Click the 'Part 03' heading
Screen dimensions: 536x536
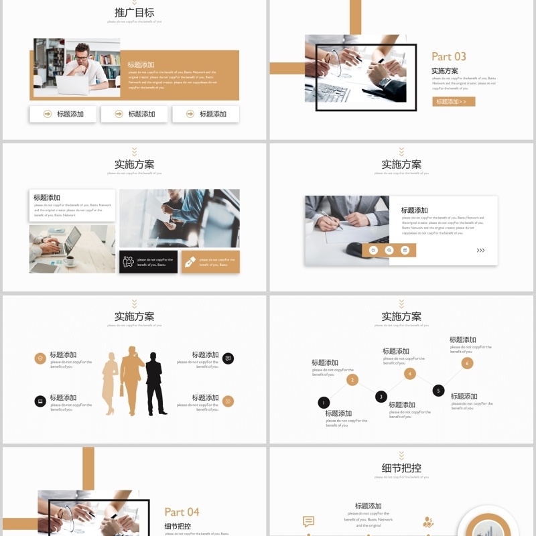pos(448,57)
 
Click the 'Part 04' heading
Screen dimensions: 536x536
pos(182,512)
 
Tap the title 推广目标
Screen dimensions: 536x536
pos(134,12)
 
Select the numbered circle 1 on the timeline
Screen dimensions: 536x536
pos(324,403)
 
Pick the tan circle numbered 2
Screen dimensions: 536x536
pos(352,380)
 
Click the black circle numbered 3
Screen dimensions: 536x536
pos(381,397)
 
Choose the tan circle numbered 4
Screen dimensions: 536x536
pos(410,374)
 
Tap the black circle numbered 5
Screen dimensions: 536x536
pos(439,391)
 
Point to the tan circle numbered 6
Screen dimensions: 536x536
pos(467,363)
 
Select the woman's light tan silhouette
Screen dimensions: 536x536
pos(110,384)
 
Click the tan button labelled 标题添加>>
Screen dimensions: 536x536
pos(454,102)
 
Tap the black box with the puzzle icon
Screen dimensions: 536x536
pos(148,262)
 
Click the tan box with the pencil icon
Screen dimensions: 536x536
pos(210,262)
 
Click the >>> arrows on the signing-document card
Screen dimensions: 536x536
pos(480,251)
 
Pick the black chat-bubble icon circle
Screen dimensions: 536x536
pos(228,358)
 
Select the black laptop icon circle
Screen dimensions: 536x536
pos(40,401)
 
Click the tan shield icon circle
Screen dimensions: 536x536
pos(40,358)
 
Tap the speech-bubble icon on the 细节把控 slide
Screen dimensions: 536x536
pos(308,521)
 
